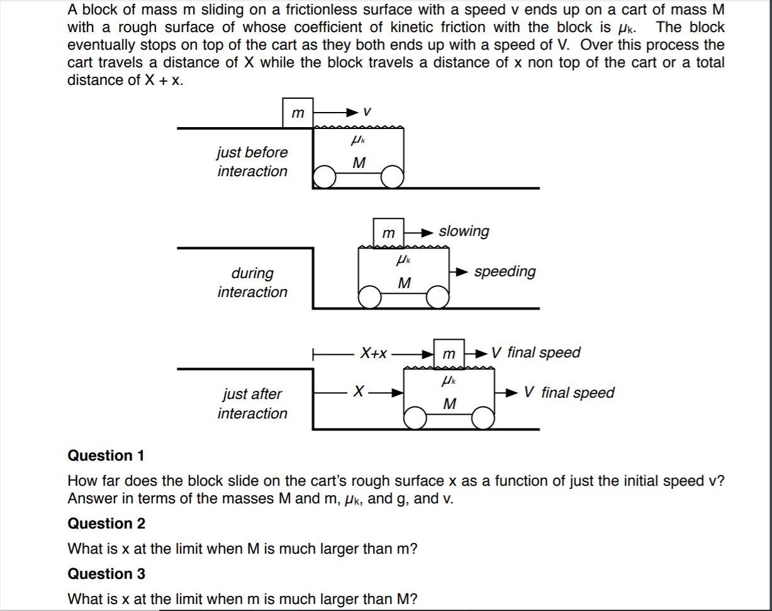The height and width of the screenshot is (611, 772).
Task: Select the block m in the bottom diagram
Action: (x=449, y=354)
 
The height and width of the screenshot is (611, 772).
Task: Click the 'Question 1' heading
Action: (x=106, y=455)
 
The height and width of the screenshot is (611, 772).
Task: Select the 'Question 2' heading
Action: (x=106, y=524)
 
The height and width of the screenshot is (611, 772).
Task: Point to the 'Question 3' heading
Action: (x=106, y=573)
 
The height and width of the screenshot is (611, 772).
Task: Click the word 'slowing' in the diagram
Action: (x=464, y=231)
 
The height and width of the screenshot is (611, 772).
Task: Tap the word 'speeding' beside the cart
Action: (x=505, y=271)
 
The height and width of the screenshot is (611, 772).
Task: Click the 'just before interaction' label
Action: (x=252, y=162)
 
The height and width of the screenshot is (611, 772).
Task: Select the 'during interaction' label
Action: (x=252, y=283)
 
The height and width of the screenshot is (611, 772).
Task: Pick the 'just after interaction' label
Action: (x=252, y=403)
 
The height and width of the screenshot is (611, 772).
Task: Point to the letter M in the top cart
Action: (x=359, y=163)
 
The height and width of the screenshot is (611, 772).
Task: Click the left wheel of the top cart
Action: (x=325, y=177)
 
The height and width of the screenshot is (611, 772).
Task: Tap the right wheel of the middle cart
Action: (x=438, y=298)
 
